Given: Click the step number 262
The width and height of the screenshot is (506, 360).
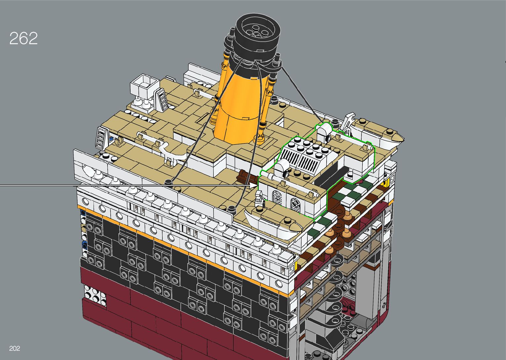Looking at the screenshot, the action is click(23, 38).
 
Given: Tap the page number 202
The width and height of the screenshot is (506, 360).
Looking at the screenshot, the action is click(15, 348).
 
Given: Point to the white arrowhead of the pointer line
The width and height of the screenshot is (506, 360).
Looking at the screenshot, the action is click(253, 185).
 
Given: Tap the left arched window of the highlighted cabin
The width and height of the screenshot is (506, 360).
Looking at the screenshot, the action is click(277, 197).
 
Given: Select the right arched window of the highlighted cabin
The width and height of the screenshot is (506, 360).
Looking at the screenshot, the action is click(294, 205).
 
